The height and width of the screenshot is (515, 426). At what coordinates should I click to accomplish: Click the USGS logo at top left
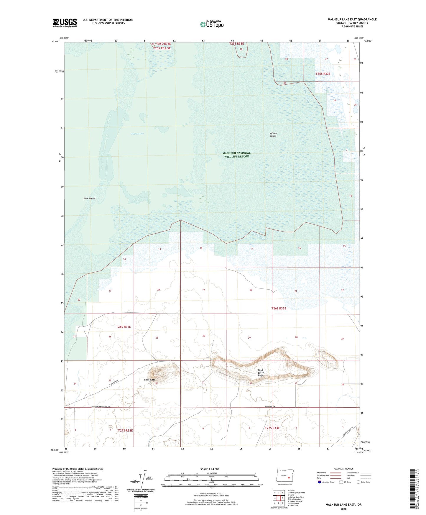click(65, 23)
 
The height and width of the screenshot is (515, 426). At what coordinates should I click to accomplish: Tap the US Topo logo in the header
click(212, 24)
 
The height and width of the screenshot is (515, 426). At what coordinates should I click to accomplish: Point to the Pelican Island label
click(273, 135)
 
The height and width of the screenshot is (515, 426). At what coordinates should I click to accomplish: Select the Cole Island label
click(89, 198)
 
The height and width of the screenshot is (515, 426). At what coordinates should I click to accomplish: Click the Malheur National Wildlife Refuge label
click(236, 155)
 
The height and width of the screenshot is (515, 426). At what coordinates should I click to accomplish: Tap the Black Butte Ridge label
click(261, 373)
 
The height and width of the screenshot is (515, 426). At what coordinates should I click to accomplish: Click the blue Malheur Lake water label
click(138, 134)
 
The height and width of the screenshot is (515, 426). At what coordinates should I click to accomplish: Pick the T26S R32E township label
click(123, 327)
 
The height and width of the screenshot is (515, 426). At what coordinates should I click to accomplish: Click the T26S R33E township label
click(279, 309)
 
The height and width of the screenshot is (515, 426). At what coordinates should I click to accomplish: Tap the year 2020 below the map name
click(343, 509)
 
